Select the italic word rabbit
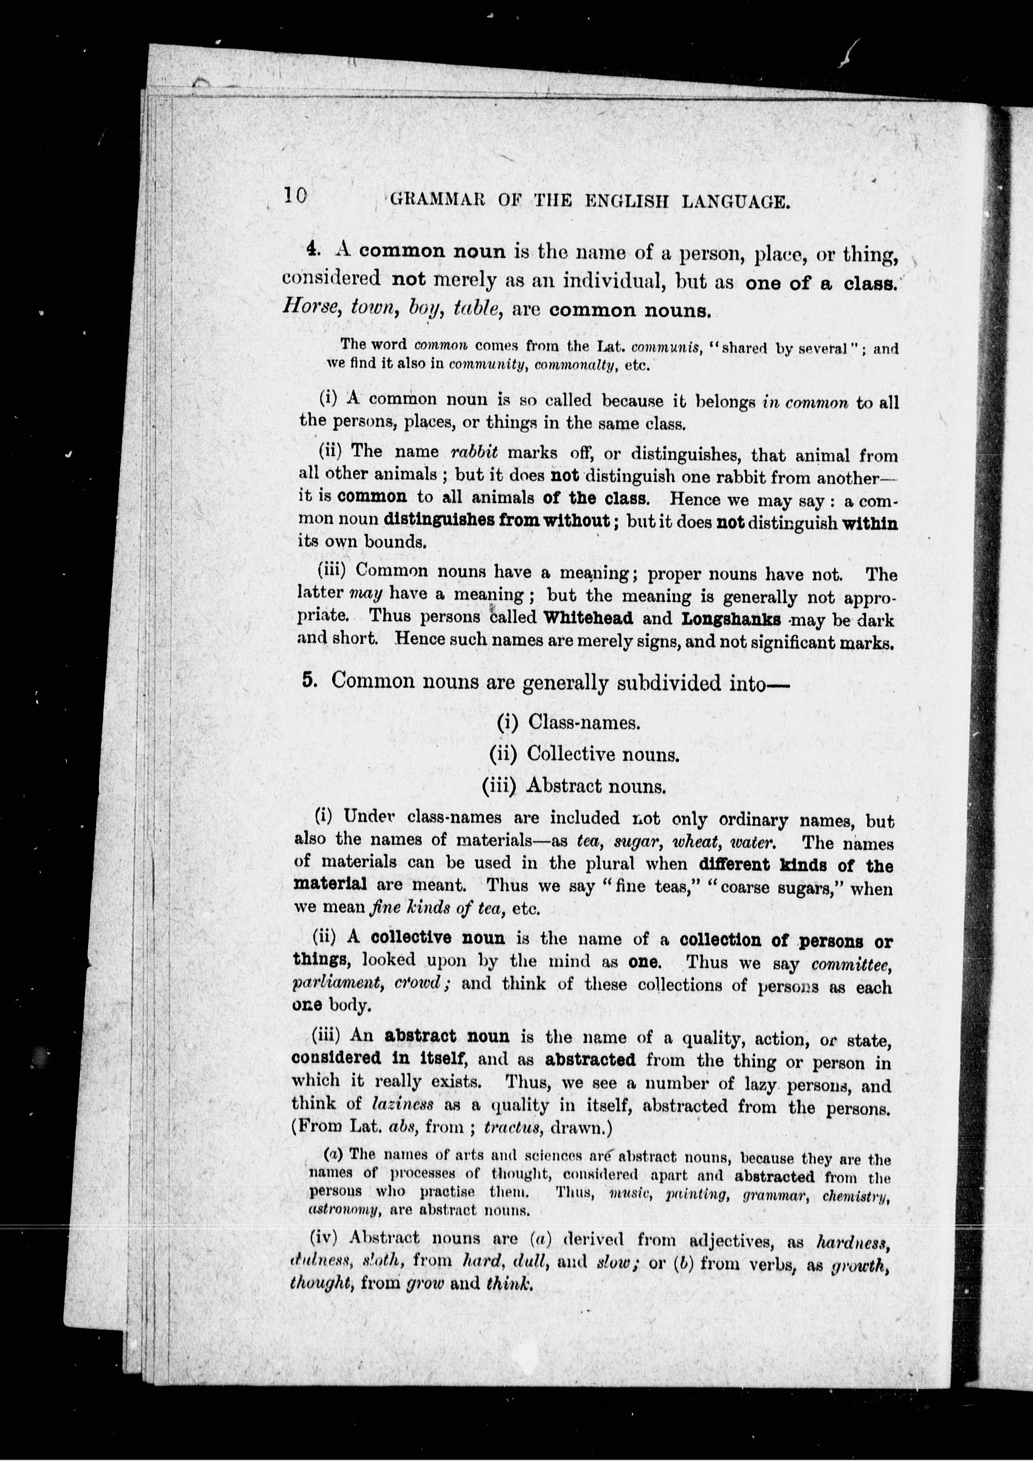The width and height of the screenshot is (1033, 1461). click(473, 452)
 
